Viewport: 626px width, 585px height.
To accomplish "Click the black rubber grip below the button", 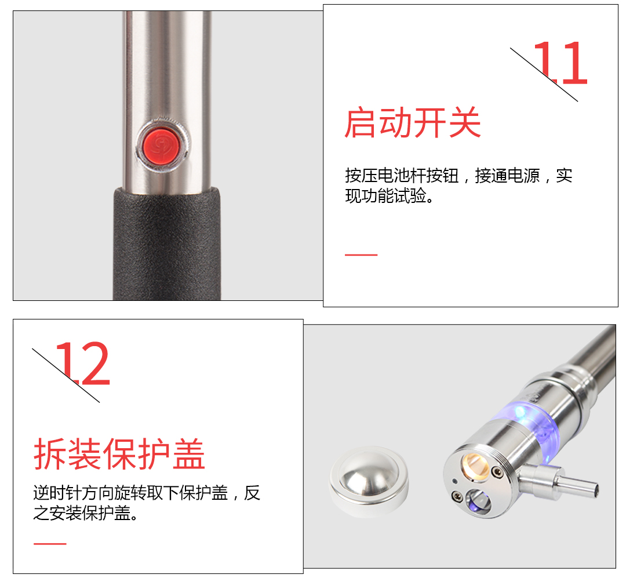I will click(168, 244).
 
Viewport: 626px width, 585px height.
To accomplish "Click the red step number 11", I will click(560, 63).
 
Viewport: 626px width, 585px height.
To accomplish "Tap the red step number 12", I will click(82, 364).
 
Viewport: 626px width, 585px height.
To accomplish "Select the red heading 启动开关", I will click(413, 122).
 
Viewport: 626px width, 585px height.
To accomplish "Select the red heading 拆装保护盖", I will click(119, 453).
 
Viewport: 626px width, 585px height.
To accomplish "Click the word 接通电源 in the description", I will click(507, 176).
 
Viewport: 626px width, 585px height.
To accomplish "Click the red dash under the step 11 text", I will click(361, 255).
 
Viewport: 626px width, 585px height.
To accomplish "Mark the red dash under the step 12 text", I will click(50, 543).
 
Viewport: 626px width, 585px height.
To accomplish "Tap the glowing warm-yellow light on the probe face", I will click(475, 465).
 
